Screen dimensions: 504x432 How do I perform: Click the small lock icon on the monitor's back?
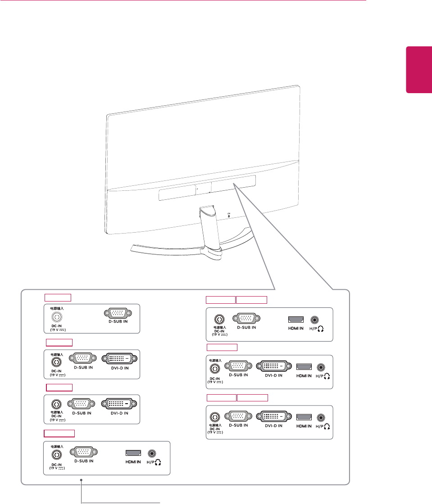(x=229, y=216)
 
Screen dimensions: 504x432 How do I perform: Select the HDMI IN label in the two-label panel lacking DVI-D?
(x=296, y=328)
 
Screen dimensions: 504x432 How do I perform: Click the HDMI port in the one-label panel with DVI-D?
(x=304, y=367)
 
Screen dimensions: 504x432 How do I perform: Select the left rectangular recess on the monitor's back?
(x=177, y=193)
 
